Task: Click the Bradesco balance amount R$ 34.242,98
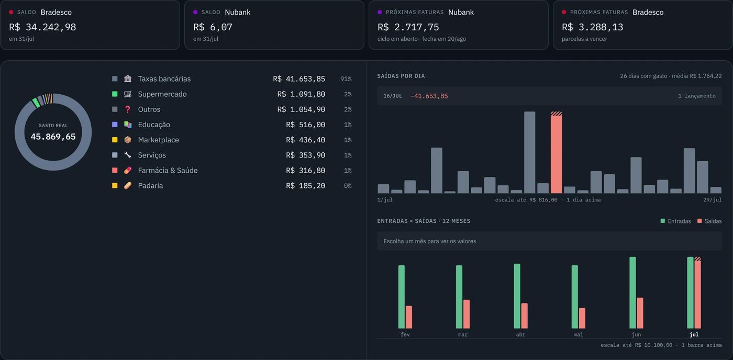pyautogui.click(x=42, y=27)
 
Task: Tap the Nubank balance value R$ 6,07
pyautogui.click(x=213, y=27)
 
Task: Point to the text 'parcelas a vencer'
pyautogui.click(x=584, y=39)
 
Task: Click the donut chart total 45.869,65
pyautogui.click(x=53, y=137)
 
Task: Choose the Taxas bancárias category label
pyautogui.click(x=164, y=79)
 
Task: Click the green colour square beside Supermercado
pyautogui.click(x=115, y=94)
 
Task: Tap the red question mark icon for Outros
pyautogui.click(x=128, y=109)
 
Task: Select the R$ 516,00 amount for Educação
pyautogui.click(x=306, y=125)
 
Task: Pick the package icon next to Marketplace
pyautogui.click(x=128, y=140)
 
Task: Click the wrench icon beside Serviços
pyautogui.click(x=128, y=155)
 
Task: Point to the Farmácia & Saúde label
pyautogui.click(x=168, y=171)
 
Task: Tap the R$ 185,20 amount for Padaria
pyautogui.click(x=306, y=186)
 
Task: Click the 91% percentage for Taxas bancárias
pyautogui.click(x=346, y=79)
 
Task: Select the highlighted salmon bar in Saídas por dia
pyautogui.click(x=556, y=152)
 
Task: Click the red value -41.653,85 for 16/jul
pyautogui.click(x=429, y=96)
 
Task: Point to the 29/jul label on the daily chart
pyautogui.click(x=713, y=200)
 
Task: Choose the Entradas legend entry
pyautogui.click(x=676, y=221)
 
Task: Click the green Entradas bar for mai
pyautogui.click(x=575, y=297)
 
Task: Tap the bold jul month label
pyautogui.click(x=694, y=334)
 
